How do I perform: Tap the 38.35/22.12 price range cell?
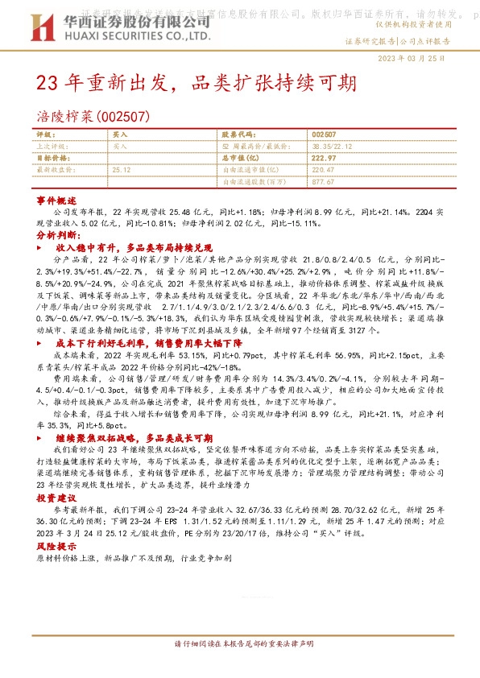coord(333,147)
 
